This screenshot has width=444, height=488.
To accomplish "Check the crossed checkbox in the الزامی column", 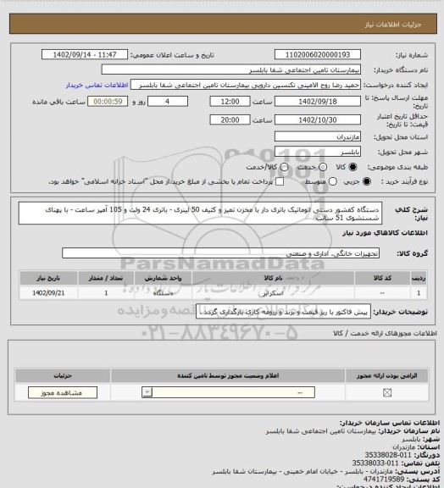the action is pyautogui.click(x=388, y=392).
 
